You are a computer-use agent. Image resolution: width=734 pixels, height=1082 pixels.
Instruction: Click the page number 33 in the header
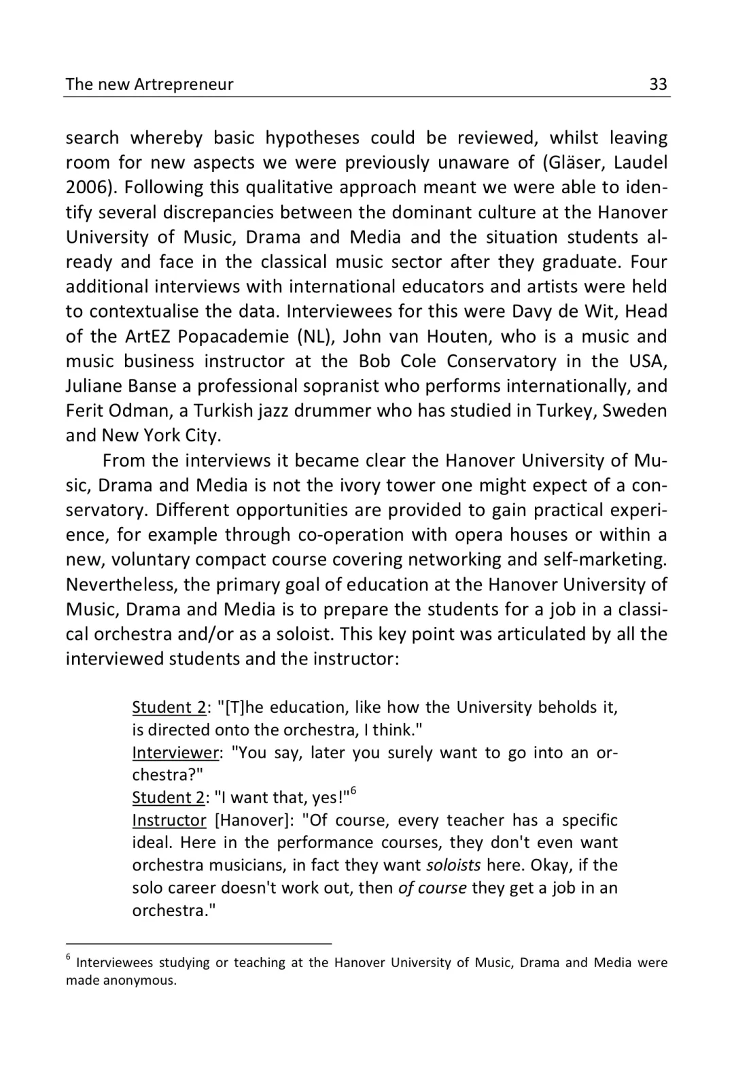point(658,84)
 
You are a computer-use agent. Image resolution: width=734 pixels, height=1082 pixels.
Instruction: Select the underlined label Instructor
point(169,820)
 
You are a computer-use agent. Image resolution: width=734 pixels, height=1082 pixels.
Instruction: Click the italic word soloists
point(453,865)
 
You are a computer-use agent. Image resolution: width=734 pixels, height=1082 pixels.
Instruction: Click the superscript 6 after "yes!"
point(353,792)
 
